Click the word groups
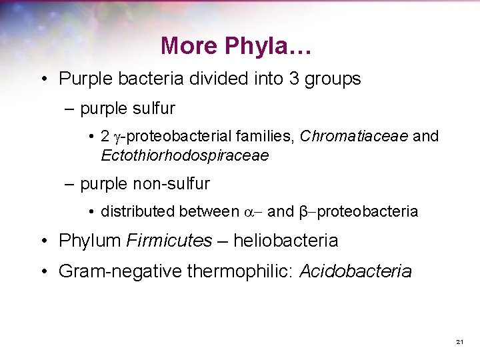(x=333, y=79)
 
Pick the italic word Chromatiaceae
(x=355, y=137)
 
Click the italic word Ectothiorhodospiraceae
(x=185, y=155)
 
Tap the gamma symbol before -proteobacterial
(x=119, y=137)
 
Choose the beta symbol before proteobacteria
(x=304, y=213)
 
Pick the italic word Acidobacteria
(x=355, y=271)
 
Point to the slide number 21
(x=459, y=342)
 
